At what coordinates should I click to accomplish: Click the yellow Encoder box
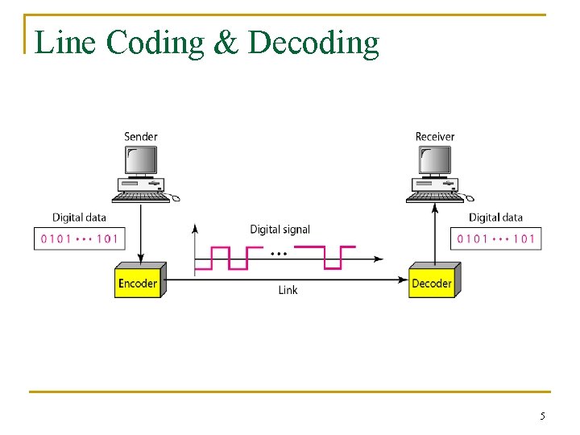pyautogui.click(x=138, y=282)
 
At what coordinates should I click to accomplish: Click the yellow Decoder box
pyautogui.click(x=432, y=282)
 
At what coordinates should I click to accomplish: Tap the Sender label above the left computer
pyautogui.click(x=141, y=136)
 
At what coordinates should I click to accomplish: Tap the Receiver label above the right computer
pyautogui.click(x=435, y=136)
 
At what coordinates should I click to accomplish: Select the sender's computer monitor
pyautogui.click(x=140, y=162)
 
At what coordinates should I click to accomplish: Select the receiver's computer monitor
pyautogui.click(x=434, y=162)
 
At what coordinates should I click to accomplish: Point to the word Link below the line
pyautogui.click(x=288, y=290)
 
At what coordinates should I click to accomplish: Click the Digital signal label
pyautogui.click(x=280, y=230)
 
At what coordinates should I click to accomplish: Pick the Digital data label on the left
pyautogui.click(x=79, y=217)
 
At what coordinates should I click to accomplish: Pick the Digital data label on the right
pyautogui.click(x=495, y=217)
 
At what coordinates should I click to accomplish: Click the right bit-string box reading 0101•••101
pyautogui.click(x=495, y=238)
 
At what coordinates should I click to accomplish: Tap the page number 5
pyautogui.click(x=542, y=416)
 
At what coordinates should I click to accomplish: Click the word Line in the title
pyautogui.click(x=66, y=42)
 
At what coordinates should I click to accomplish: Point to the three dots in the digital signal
pyautogui.click(x=280, y=253)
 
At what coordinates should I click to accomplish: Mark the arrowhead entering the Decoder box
pyautogui.click(x=404, y=279)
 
